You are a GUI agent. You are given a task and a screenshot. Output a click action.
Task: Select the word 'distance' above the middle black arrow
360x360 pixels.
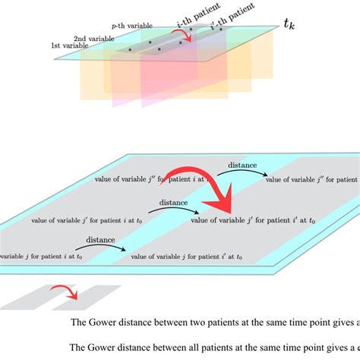174,203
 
